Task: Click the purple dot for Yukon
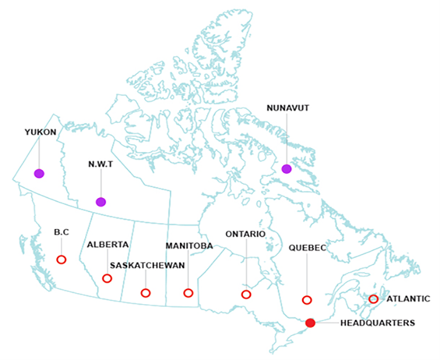(39, 173)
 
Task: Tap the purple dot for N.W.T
(101, 202)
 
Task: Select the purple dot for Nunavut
(287, 168)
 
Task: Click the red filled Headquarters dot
(310, 323)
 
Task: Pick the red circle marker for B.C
(61, 259)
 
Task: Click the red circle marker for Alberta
(107, 278)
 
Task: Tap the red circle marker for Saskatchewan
(145, 293)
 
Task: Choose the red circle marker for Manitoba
(188, 293)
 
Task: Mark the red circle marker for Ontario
(246, 294)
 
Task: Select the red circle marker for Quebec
(307, 300)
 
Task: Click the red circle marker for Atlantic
(373, 298)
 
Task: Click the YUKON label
(40, 132)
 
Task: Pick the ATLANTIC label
(409, 298)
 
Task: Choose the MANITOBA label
(189, 245)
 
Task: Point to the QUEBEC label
(307, 248)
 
